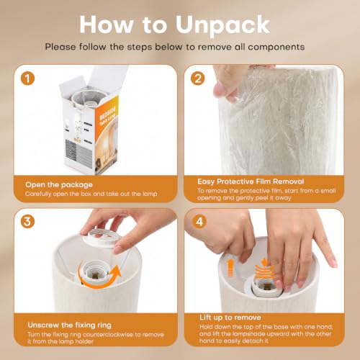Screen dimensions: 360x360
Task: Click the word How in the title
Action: pos(107,24)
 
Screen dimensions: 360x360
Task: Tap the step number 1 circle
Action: pos(27,78)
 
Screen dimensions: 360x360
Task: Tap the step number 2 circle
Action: pos(198,78)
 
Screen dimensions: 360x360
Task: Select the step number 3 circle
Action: pos(27,221)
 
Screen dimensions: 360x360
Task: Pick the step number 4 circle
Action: pos(199,222)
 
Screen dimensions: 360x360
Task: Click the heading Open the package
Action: pos(59,185)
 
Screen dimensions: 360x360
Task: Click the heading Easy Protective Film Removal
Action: pos(251,181)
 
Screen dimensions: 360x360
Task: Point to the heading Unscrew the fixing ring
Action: pos(70,325)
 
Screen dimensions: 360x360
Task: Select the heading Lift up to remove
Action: pos(230,318)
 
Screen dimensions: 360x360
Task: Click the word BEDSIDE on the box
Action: pos(107,113)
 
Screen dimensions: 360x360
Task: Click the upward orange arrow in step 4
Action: pos(230,269)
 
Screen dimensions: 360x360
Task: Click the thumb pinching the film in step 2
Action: pos(222,88)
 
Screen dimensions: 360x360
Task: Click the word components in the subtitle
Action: pos(276,47)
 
